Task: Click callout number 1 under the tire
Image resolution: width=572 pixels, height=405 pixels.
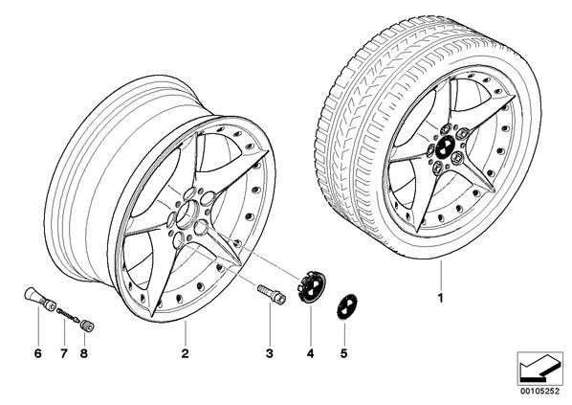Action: point(440,298)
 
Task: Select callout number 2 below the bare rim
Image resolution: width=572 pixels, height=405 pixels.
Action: point(185,353)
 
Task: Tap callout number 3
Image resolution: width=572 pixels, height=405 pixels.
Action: point(269,353)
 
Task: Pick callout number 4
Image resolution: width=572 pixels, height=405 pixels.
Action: point(310,353)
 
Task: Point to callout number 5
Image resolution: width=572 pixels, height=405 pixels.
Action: point(343,353)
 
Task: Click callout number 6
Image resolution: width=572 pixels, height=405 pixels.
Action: point(38,353)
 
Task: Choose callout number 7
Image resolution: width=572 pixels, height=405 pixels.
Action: point(64,353)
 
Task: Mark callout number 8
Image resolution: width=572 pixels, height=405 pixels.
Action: point(84,353)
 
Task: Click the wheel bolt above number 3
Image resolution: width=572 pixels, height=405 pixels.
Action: point(272,293)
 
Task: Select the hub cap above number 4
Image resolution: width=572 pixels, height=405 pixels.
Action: point(311,286)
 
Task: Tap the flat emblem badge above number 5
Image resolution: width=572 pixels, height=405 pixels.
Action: point(346,306)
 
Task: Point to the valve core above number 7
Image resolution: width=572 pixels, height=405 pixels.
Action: point(68,315)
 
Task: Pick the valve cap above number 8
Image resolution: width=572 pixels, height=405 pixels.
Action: point(87,325)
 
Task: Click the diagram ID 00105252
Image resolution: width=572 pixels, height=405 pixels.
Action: point(539,392)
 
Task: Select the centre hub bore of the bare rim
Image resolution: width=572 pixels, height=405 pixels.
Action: point(187,215)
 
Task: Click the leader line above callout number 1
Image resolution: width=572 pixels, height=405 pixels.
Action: point(440,275)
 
